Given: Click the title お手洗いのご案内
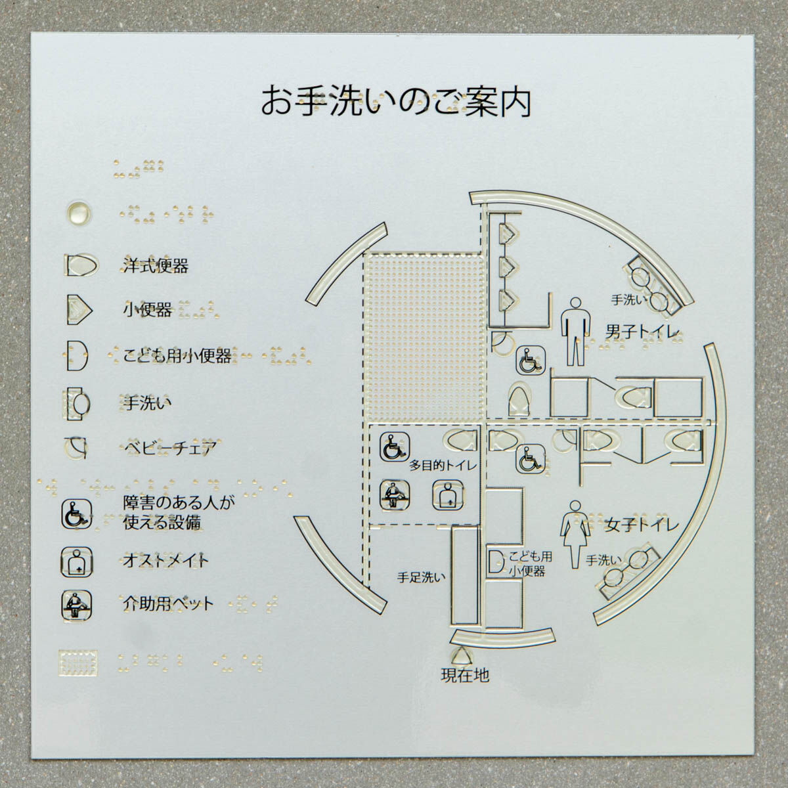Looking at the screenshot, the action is click(396, 102).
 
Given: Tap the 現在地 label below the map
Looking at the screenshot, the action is click(464, 674).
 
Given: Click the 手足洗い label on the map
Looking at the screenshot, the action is click(421, 578).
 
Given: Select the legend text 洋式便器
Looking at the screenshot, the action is click(156, 266).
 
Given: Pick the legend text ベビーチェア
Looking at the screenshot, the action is click(170, 449).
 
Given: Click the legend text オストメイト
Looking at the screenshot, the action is click(165, 560).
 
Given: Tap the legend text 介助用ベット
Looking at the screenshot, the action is click(169, 602).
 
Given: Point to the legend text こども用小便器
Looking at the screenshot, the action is click(177, 356).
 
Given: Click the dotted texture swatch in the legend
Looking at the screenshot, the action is click(78, 662).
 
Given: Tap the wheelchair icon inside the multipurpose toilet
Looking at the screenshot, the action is click(393, 446).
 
